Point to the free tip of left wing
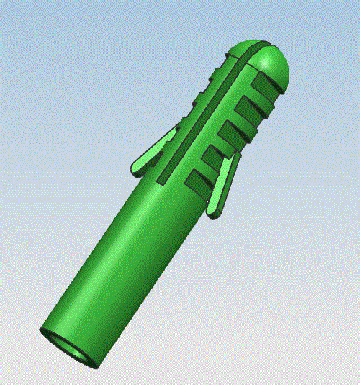pyautogui.click(x=135, y=170)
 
